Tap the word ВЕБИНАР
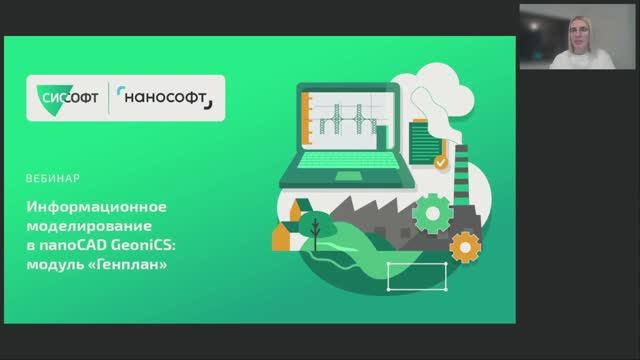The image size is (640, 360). pos(53,181)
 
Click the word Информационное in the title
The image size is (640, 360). pos(96,207)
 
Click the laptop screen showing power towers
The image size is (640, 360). pos(353,126)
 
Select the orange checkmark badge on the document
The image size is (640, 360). pos(440,160)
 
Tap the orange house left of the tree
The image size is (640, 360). pos(281,236)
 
